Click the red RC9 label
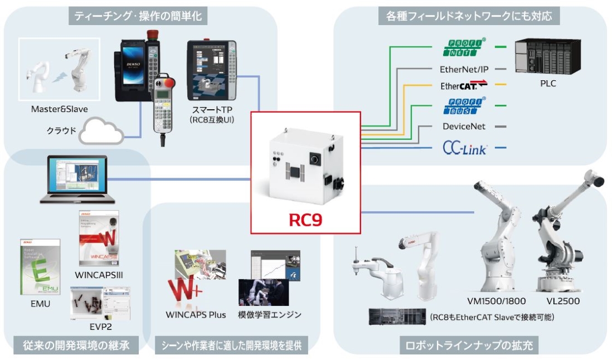click(305, 219)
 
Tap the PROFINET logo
click(465, 47)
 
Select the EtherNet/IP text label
click(464, 69)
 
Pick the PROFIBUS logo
click(465, 105)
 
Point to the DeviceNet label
click(464, 127)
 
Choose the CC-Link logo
click(464, 149)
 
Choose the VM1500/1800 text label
click(497, 301)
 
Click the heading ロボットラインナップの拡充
click(466, 346)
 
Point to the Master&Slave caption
click(59, 109)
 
